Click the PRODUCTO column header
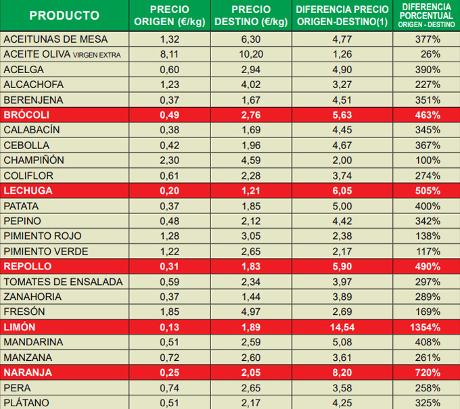pyautogui.click(x=64, y=16)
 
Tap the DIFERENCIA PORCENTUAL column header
pyautogui.click(x=427, y=15)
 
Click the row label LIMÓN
pyautogui.click(x=20, y=327)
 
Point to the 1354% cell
pyautogui.click(x=427, y=327)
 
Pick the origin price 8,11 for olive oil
pyautogui.click(x=168, y=54)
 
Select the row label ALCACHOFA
pyautogui.click(x=33, y=85)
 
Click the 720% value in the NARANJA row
pyautogui.click(x=428, y=372)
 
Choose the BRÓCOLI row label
pyautogui.click(x=24, y=115)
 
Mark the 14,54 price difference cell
pyautogui.click(x=342, y=327)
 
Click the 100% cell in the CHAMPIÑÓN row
pyautogui.click(x=428, y=160)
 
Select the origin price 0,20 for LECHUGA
pyautogui.click(x=168, y=191)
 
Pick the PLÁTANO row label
pyautogui.click(x=27, y=403)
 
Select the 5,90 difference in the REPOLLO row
pyautogui.click(x=342, y=266)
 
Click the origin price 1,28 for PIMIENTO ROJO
pyautogui.click(x=168, y=236)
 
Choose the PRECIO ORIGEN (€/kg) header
pyautogui.click(x=168, y=16)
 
